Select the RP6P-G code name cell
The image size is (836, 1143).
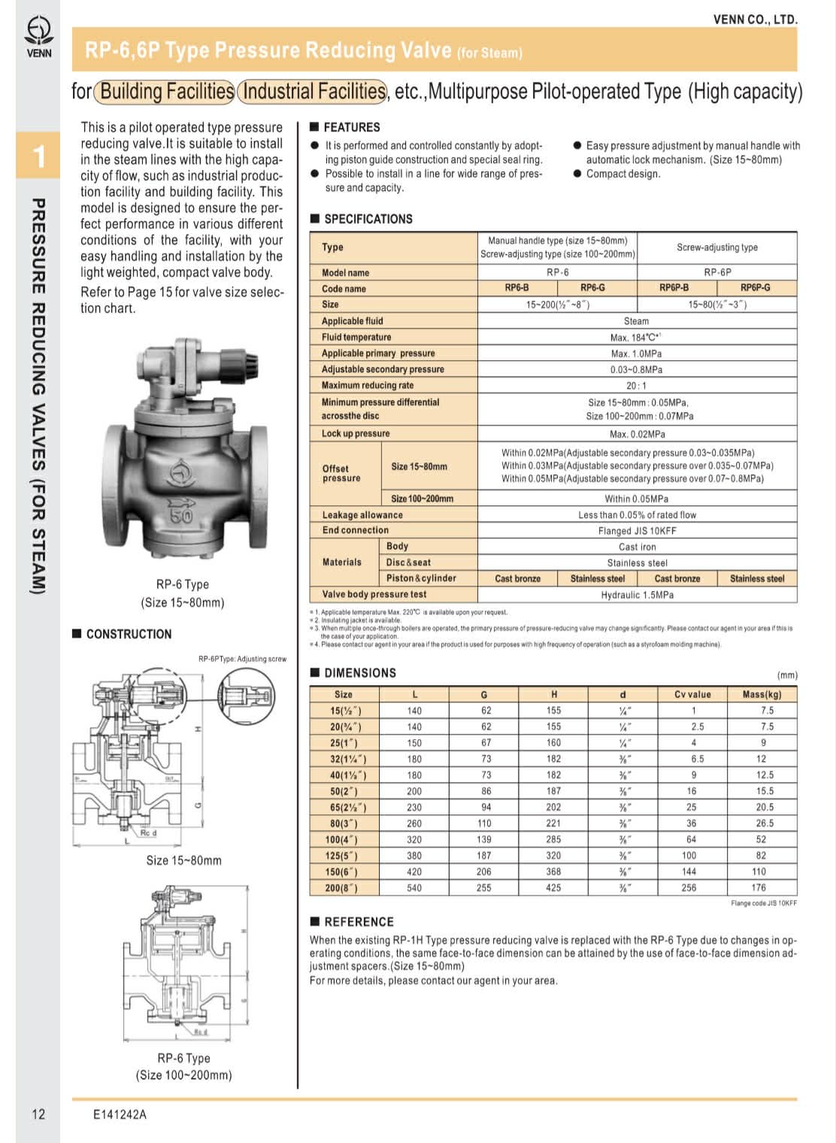[755, 288]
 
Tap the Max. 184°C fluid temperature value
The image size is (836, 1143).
[635, 337]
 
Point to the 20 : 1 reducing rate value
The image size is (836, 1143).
[637, 386]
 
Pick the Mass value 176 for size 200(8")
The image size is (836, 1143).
[759, 888]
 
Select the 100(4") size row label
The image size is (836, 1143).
[341, 839]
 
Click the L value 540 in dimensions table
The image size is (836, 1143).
[414, 888]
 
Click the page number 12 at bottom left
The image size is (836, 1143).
[38, 1114]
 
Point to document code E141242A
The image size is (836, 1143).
[120, 1114]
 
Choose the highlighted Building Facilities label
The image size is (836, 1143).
[165, 92]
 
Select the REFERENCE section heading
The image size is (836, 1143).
[359, 922]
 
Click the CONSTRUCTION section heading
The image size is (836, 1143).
[129, 634]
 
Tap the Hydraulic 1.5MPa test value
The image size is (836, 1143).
[637, 595]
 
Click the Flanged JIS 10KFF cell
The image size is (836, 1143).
[637, 531]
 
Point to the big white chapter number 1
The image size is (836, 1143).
[39, 156]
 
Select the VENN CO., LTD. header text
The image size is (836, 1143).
[755, 20]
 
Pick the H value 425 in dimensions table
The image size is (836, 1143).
[553, 888]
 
